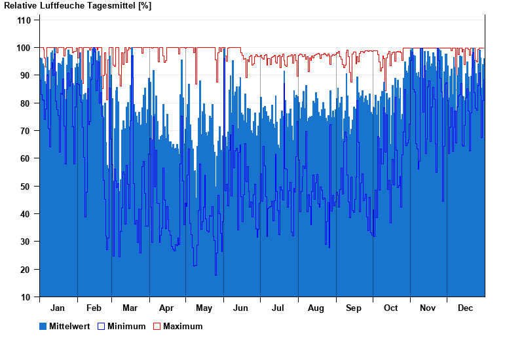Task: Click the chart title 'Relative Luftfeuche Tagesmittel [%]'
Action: tap(77, 6)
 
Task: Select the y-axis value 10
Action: tap(26, 297)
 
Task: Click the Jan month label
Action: tap(58, 308)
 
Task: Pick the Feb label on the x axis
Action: tap(94, 308)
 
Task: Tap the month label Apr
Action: tap(166, 308)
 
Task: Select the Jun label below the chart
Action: tap(240, 308)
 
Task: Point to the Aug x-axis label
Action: tap(316, 308)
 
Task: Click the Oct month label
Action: tap(390, 308)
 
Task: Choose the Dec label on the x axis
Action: tap(465, 308)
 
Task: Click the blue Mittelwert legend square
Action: tap(43, 326)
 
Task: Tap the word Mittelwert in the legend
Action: tap(69, 326)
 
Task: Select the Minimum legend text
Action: tap(126, 326)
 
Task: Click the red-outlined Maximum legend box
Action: tap(157, 326)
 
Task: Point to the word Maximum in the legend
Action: tap(183, 326)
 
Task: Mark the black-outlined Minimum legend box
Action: tap(101, 326)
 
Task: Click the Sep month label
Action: tap(354, 308)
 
